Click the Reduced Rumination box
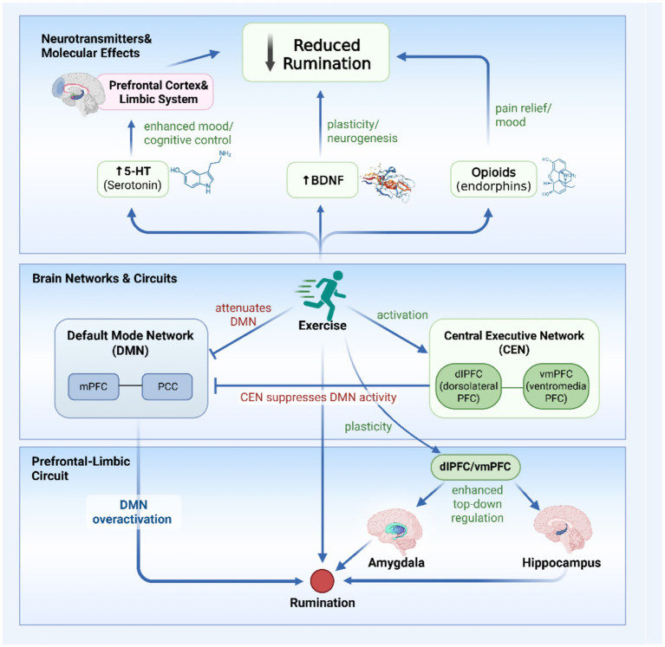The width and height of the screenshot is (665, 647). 316,53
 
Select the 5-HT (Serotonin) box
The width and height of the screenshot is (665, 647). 133,178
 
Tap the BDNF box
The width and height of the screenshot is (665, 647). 323,180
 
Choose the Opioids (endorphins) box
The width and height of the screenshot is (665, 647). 493,178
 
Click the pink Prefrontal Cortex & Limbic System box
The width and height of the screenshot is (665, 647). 155,92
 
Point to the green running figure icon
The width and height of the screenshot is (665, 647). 321,295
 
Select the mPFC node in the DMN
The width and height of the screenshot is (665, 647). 94,386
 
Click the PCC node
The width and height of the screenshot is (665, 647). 167,386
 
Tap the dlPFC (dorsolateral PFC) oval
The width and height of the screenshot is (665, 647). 469,386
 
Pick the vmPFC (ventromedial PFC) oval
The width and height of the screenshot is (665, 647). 556,386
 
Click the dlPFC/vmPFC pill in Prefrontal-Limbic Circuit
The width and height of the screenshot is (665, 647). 475,467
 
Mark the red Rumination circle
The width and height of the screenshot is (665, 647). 323,581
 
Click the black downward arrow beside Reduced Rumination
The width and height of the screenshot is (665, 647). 271,53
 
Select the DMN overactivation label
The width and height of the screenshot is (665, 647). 133,512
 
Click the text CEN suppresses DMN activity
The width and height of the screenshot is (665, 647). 318,398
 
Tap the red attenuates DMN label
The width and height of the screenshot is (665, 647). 243,314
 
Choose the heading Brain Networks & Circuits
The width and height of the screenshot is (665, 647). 105,278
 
